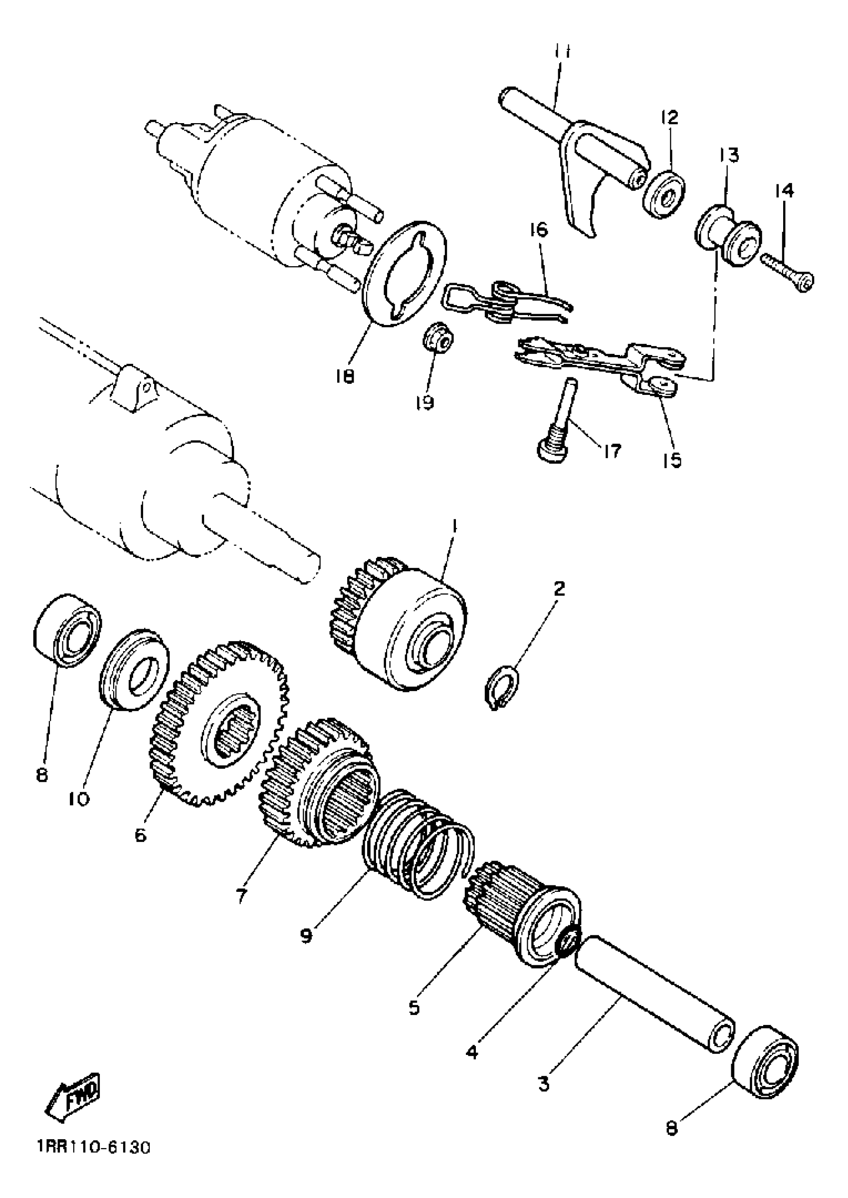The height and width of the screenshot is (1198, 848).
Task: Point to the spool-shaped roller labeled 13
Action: [728, 235]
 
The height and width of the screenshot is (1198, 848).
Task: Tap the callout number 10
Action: [80, 799]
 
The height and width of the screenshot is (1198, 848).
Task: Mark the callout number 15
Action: [672, 460]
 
